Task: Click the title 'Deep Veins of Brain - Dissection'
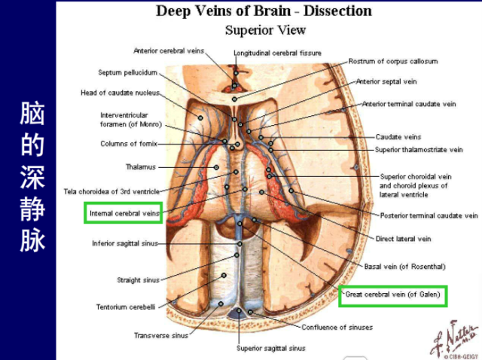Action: click(x=264, y=11)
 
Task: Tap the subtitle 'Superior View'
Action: click(x=265, y=30)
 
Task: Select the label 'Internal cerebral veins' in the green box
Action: click(x=124, y=213)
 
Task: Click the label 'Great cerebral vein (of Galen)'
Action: click(x=392, y=294)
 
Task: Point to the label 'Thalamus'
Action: click(x=141, y=167)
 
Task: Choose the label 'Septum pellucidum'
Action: click(x=127, y=72)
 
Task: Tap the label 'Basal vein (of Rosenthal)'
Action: click(x=404, y=267)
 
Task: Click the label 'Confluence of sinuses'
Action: click(x=337, y=327)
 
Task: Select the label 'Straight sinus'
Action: click(x=138, y=280)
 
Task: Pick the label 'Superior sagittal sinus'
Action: click(x=271, y=348)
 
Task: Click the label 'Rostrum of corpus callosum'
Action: click(x=393, y=62)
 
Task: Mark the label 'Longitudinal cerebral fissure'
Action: click(x=277, y=53)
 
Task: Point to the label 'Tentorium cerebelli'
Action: click(x=126, y=307)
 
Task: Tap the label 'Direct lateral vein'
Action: click(x=403, y=239)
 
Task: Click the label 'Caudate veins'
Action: click(x=398, y=137)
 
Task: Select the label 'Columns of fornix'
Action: click(x=129, y=144)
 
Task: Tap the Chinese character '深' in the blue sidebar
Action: click(x=32, y=177)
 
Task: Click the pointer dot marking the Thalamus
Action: click(x=216, y=167)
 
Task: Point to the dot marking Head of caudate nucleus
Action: click(x=200, y=117)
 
